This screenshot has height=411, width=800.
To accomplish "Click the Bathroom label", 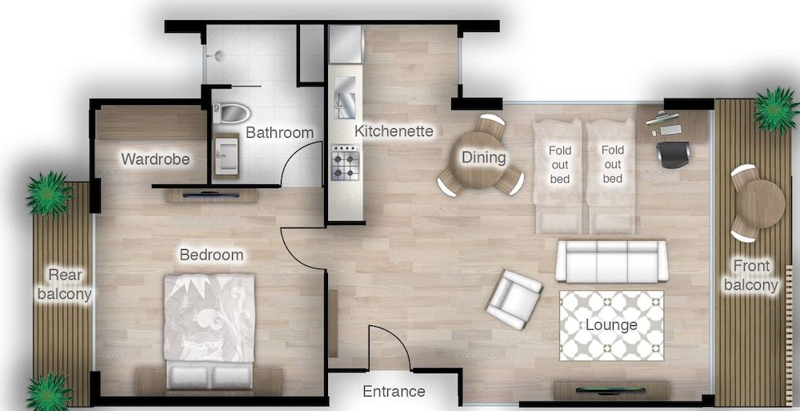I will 279,132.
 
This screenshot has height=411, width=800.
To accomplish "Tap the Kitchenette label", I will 394,131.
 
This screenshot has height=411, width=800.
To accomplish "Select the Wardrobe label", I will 155,159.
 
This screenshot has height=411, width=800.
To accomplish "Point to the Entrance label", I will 394,392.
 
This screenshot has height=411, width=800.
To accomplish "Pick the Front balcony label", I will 750,276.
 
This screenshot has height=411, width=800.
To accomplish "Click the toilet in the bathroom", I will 233,113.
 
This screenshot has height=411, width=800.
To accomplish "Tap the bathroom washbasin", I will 226,152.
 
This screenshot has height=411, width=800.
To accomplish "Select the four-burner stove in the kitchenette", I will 346,163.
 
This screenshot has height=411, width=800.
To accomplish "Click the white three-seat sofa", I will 612,260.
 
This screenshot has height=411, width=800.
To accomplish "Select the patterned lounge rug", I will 611,325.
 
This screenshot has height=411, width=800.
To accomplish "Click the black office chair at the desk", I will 673,154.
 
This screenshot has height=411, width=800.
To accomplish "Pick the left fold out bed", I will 559,175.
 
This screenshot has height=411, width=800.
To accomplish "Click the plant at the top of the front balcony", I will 774,109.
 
